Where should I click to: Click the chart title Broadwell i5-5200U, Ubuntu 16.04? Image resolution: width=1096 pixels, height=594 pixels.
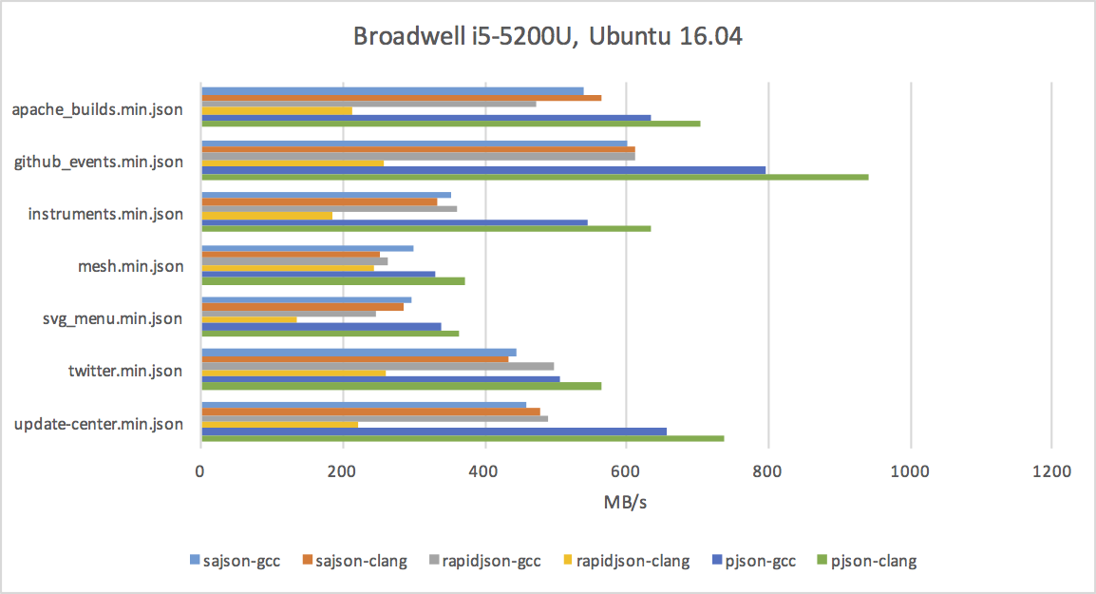coord(547,37)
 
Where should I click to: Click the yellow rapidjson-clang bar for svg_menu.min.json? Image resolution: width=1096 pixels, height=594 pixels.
coord(248,319)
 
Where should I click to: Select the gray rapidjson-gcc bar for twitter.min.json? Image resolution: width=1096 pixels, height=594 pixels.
coord(377,365)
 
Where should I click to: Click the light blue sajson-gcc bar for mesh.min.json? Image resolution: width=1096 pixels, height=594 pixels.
coord(307,248)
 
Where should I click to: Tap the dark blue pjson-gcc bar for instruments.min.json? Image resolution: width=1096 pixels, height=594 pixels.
coord(393,222)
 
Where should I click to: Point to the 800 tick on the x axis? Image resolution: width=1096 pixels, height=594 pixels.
coord(767,471)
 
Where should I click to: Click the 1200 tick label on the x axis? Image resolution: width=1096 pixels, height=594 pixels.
coord(1050,471)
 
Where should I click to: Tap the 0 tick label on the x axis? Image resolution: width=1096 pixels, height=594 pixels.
coord(200,471)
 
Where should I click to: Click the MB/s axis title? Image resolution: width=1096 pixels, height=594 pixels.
coord(625,503)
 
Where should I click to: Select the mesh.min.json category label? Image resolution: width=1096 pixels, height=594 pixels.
coord(130,266)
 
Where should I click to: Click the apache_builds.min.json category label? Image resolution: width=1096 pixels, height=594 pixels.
coord(97,109)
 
